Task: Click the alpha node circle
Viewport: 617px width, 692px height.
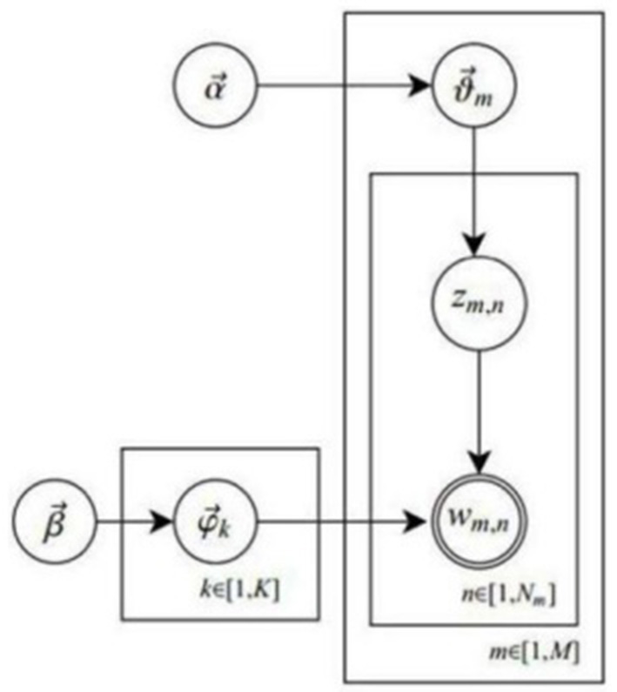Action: click(211, 88)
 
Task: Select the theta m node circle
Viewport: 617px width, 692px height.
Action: click(474, 88)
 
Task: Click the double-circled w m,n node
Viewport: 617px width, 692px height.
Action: click(475, 525)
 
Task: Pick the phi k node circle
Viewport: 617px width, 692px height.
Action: click(211, 525)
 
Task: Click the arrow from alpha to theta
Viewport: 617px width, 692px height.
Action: click(339, 88)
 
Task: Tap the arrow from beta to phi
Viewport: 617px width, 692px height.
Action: click(131, 525)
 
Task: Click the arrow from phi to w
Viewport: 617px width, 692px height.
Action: click(339, 525)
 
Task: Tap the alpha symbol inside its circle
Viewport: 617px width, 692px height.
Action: click(211, 88)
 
